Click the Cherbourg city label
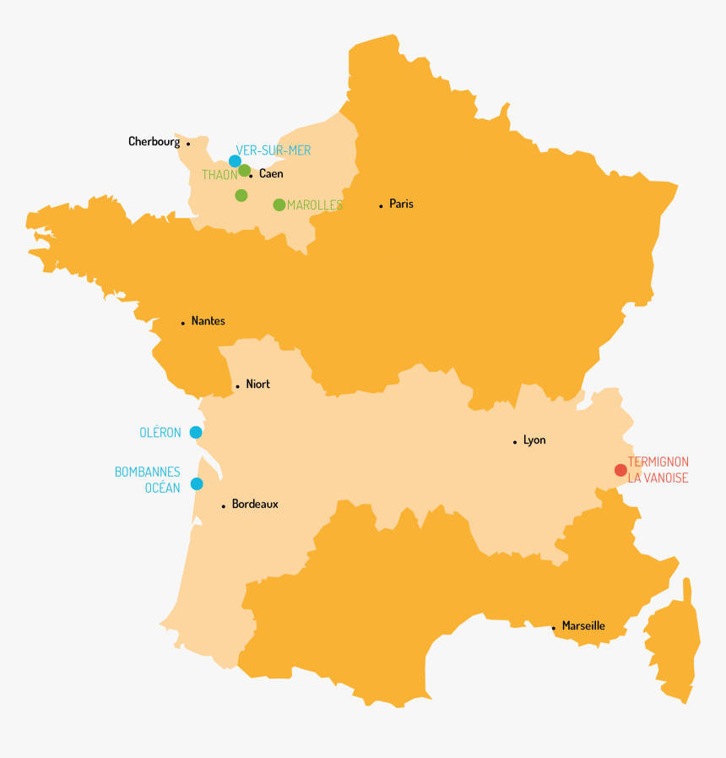[x=154, y=142]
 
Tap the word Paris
[x=401, y=204]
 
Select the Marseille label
[x=583, y=626]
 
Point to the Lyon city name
[x=534, y=440]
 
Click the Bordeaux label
[x=255, y=504]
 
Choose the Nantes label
[x=208, y=321]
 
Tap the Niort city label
[x=257, y=384]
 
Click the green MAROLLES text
[x=315, y=205]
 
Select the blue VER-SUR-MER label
[x=274, y=150]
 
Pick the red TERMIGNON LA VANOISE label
[x=658, y=470]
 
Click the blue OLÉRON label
[x=160, y=433]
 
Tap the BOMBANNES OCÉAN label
[x=148, y=480]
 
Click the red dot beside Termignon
[x=620, y=470]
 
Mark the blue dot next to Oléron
[x=196, y=433]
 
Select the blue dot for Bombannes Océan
[x=197, y=484]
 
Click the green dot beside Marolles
[x=279, y=205]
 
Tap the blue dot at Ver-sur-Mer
[x=235, y=161]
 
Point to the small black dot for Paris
[x=381, y=205]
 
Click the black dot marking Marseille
[x=554, y=628]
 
